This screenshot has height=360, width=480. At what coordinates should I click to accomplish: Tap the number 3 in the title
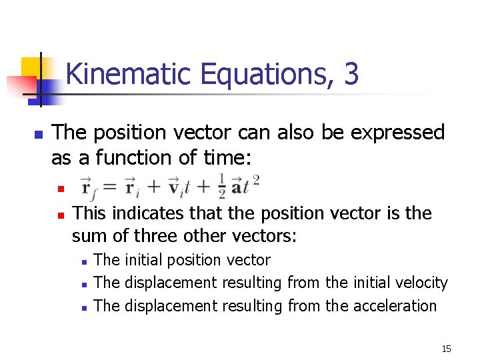pyautogui.click(x=351, y=75)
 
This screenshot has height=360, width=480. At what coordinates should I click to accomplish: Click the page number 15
pyautogui.click(x=446, y=349)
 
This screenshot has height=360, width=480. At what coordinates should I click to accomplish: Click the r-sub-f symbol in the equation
pyautogui.click(x=88, y=187)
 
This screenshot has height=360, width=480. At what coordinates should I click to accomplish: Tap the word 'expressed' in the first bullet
pyautogui.click(x=397, y=133)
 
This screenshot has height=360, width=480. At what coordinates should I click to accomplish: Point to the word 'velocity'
pyautogui.click(x=422, y=283)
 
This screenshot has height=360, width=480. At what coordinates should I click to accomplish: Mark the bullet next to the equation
pyautogui.click(x=59, y=189)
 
